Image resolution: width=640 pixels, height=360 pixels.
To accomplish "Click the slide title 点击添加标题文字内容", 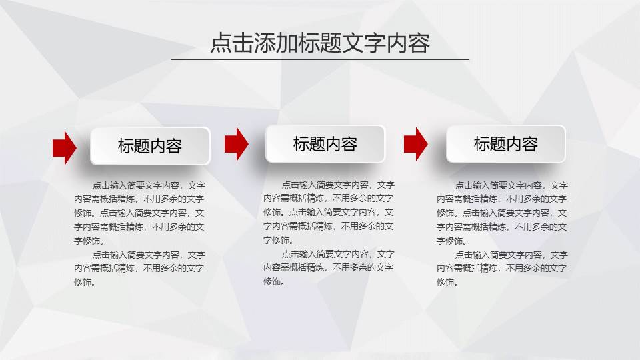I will click(320, 43).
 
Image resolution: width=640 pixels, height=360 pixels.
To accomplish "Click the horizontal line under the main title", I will click(320, 59).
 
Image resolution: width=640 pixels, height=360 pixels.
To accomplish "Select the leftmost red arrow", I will click(65, 147).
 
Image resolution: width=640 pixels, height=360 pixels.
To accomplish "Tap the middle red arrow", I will click(236, 143).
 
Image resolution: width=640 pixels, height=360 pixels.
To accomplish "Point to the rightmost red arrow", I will click(415, 143).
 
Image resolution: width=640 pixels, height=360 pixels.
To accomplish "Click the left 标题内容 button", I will click(150, 146).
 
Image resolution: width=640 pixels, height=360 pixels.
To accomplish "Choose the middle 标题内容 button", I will click(325, 144).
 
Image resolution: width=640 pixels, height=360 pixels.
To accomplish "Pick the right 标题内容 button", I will click(506, 144).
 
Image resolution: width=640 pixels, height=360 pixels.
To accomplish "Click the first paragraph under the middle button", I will click(328, 212).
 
